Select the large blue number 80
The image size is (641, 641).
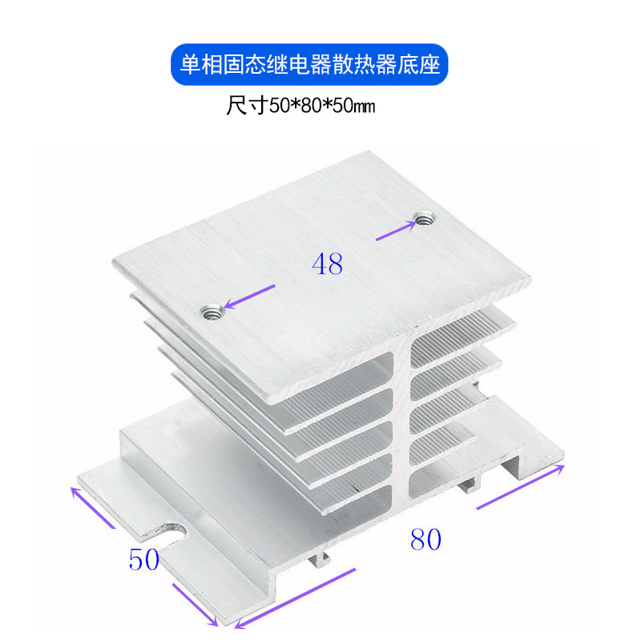(425, 540)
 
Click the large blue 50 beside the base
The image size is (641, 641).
(144, 559)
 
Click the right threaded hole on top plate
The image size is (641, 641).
(422, 217)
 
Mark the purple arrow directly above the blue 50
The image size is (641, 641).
(95, 506)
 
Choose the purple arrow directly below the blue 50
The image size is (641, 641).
(195, 604)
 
